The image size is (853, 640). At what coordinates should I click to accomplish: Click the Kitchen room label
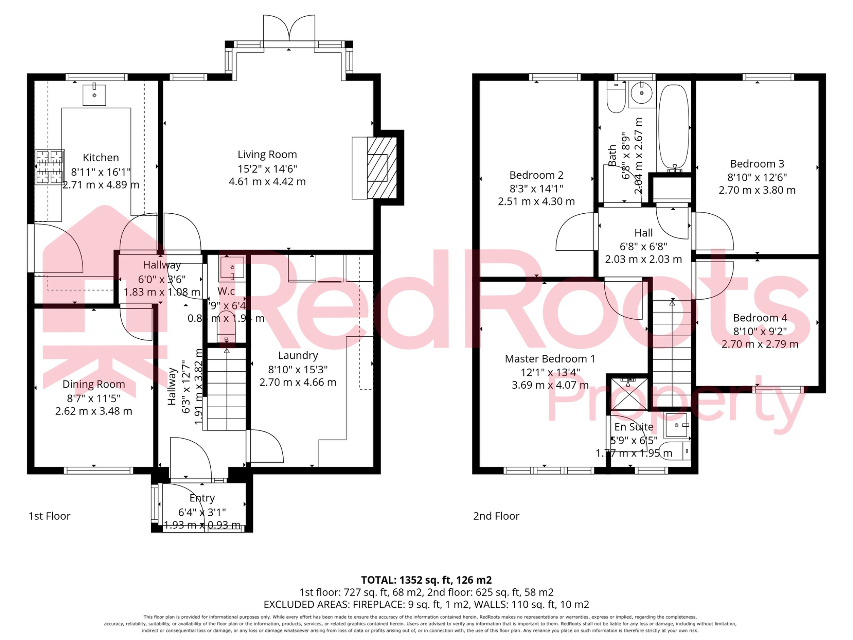click(101, 157)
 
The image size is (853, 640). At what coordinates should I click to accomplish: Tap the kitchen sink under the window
click(95, 95)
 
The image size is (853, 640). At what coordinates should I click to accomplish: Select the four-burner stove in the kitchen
click(50, 167)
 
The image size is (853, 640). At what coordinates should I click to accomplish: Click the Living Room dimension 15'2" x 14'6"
click(267, 169)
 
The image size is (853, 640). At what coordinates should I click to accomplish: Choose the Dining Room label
click(94, 384)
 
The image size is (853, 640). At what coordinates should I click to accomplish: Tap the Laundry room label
click(298, 355)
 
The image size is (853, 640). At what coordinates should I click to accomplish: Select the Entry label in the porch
click(202, 498)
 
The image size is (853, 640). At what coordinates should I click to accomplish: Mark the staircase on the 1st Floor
click(227, 390)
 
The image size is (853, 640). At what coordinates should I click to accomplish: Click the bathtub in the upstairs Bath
click(673, 127)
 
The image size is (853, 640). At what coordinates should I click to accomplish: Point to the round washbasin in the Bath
click(641, 93)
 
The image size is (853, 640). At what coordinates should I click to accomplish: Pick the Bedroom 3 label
click(757, 164)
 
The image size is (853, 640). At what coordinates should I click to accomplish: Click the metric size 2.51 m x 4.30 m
click(536, 202)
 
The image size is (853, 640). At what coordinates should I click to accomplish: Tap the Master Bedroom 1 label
click(550, 359)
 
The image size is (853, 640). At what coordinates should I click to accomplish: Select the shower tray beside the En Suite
click(629, 394)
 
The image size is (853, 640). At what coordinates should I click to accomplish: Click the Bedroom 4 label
click(760, 318)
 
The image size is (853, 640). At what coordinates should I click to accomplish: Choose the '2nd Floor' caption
click(496, 516)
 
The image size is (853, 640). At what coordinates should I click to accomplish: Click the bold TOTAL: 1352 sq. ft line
click(426, 580)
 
